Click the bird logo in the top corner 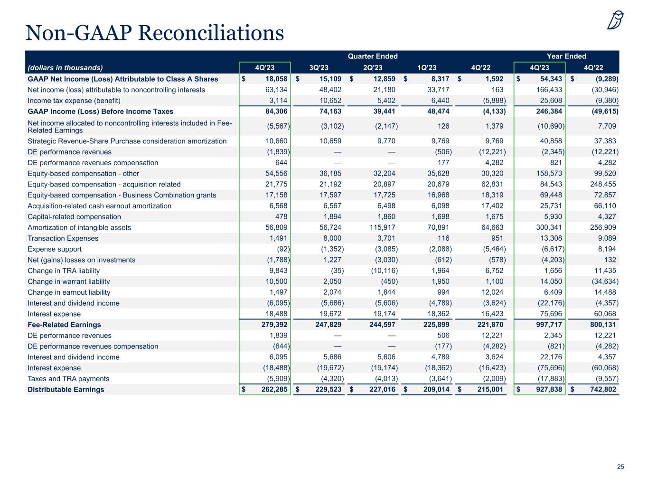[616, 20]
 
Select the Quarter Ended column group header [373, 56]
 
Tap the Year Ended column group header [566, 56]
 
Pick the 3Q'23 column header [319, 67]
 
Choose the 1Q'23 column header [426, 67]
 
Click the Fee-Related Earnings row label [65, 325]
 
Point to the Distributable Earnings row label [66, 390]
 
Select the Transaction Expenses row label [63, 238]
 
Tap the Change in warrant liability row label [69, 281]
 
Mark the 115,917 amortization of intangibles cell [382, 227]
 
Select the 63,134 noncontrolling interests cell [275, 90]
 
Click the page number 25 [620, 467]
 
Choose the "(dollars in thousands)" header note [66, 67]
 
